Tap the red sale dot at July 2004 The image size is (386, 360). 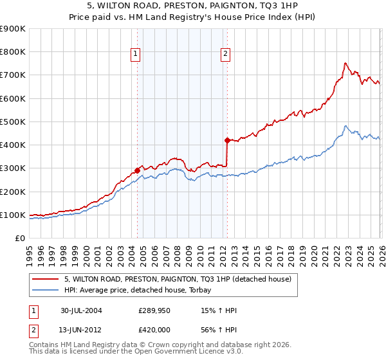click(x=137, y=170)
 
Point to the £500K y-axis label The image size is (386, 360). click(x=13, y=122)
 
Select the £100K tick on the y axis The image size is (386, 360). click(x=13, y=215)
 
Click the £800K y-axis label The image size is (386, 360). click(x=13, y=52)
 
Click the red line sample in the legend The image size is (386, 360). click(x=46, y=279)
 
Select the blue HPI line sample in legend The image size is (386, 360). click(x=46, y=290)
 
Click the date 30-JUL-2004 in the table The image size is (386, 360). click(x=81, y=310)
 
